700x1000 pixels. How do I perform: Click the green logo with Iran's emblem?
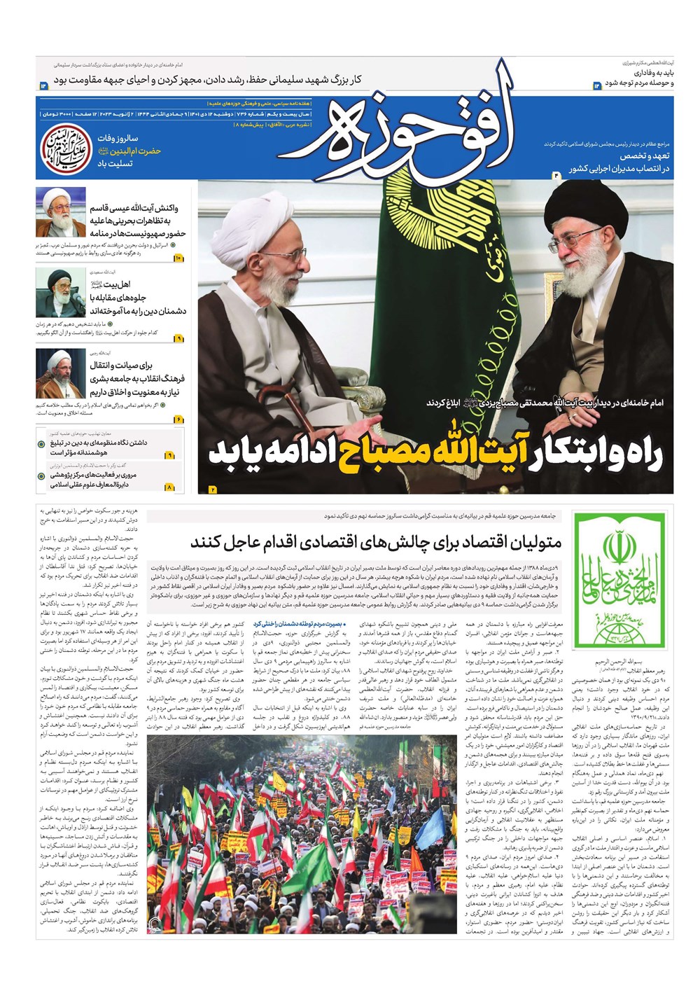[618, 579]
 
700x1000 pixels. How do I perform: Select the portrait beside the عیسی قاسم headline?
[61, 213]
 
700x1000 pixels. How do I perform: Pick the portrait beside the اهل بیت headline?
[61, 293]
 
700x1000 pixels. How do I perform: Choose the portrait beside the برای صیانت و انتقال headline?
[61, 374]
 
